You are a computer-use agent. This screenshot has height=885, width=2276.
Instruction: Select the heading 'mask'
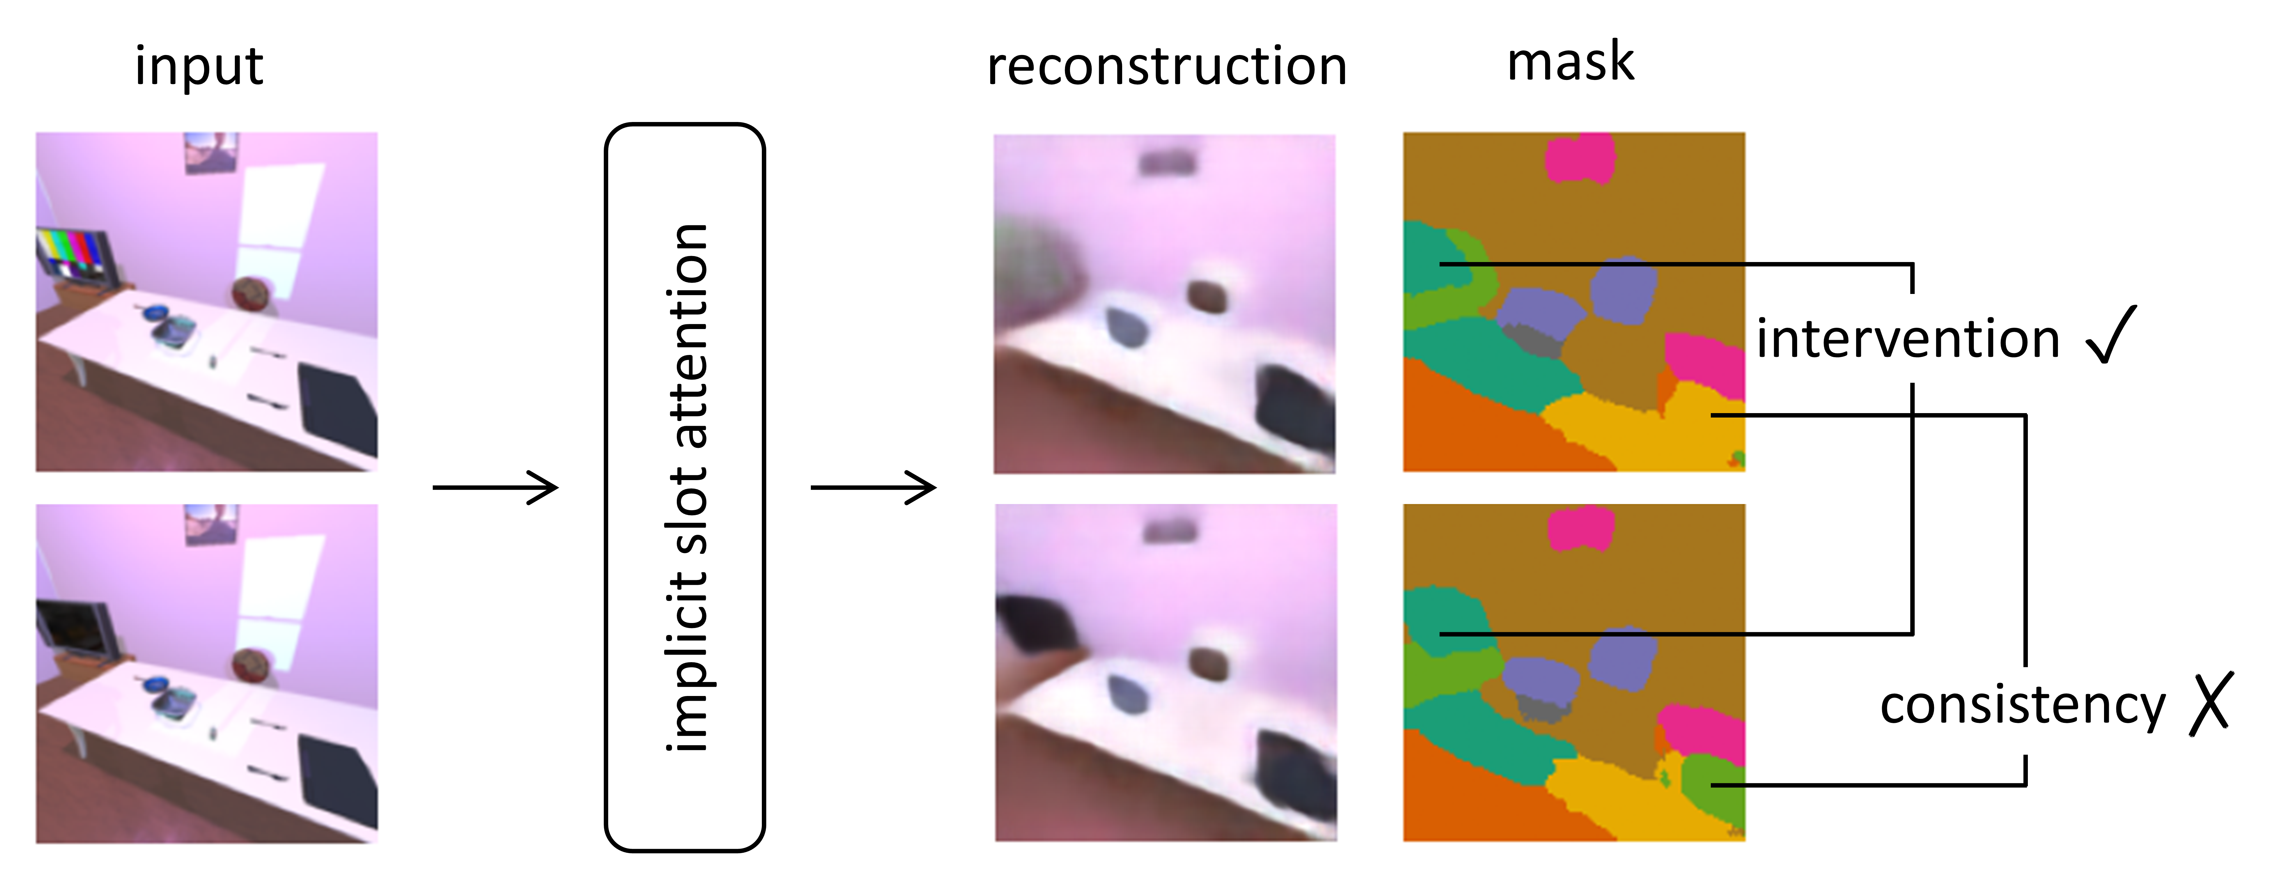click(x=1570, y=62)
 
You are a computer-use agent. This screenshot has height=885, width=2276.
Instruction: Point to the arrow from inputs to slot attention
click(x=495, y=487)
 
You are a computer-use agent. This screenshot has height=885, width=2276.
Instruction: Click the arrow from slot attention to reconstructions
click(x=873, y=487)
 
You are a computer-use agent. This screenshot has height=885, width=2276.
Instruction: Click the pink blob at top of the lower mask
click(x=1582, y=528)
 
